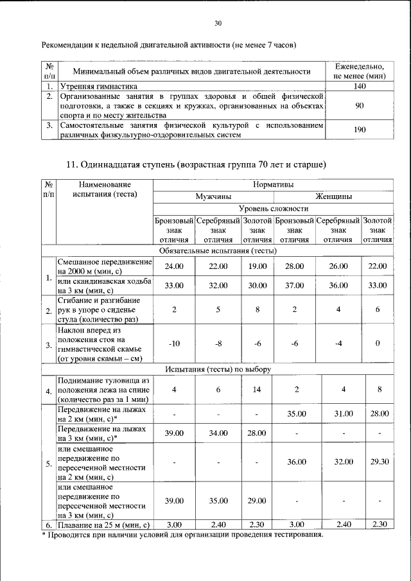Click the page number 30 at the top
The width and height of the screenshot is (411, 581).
click(x=217, y=23)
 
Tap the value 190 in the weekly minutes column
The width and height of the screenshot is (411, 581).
click(x=360, y=130)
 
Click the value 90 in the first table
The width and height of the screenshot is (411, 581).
click(x=360, y=106)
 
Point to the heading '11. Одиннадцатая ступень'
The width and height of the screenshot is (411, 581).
click(x=197, y=164)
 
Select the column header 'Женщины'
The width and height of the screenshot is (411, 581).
click(x=333, y=196)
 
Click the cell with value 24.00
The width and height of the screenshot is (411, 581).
click(x=174, y=266)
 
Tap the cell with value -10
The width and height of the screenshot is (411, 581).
click(x=174, y=343)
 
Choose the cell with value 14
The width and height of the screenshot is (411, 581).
click(x=258, y=389)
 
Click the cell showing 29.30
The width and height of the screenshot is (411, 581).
click(x=378, y=462)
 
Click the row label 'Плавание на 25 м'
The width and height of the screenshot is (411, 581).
click(x=103, y=525)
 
